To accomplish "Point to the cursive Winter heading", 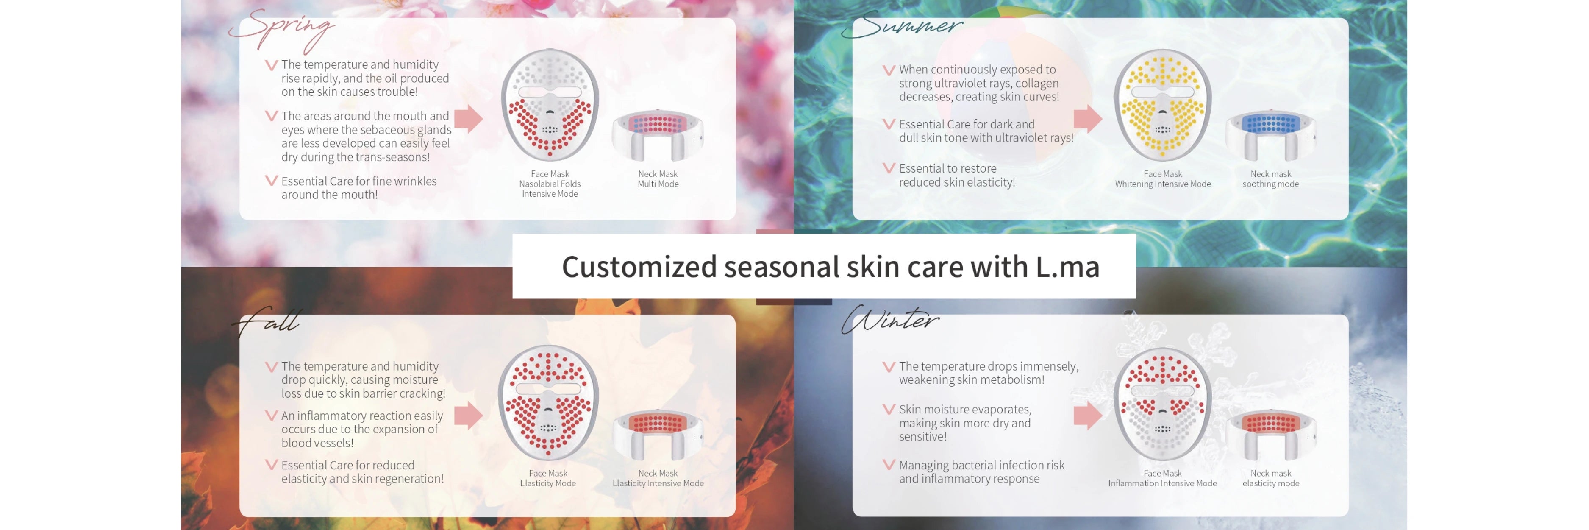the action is pos(890,320).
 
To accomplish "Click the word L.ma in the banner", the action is pos(1067,267).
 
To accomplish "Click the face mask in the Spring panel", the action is pos(550,105).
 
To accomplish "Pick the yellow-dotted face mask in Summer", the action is pos(1162,105).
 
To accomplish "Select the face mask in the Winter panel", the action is pos(1162,404).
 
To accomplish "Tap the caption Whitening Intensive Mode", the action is pos(1163,184).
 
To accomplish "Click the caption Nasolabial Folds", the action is pos(550,184).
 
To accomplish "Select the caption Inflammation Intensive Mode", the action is pos(1162,483).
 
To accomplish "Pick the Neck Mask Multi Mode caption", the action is pos(658,179).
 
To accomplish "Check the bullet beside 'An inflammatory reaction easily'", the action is pos(272,415).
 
